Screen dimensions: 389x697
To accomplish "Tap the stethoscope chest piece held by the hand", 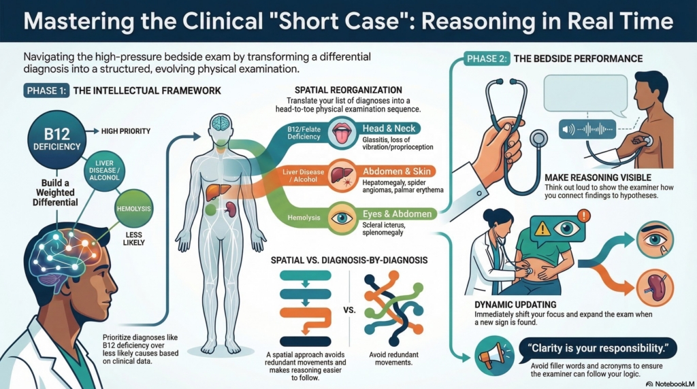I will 538,139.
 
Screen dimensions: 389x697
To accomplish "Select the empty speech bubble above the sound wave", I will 585,94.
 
